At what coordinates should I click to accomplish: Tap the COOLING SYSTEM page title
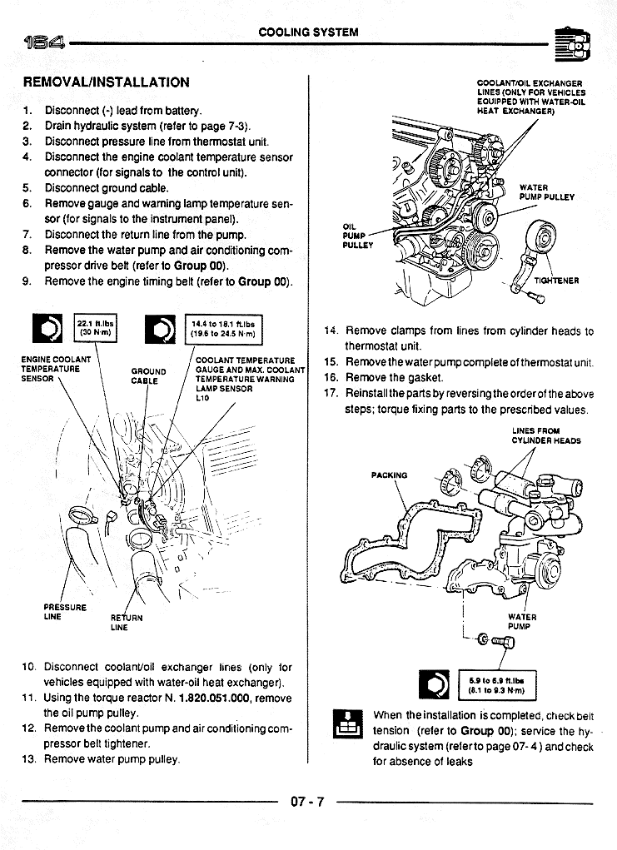tap(308, 32)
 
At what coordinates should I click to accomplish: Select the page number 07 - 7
tap(307, 802)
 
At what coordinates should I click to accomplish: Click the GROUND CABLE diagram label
tap(149, 377)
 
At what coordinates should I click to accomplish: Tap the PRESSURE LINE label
tap(65, 612)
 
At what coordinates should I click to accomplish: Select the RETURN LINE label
tap(127, 623)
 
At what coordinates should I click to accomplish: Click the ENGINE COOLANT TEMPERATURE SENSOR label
tap(56, 369)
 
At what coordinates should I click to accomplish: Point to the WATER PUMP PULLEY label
tap(546, 192)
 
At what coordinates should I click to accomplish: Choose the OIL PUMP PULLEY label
tap(357, 236)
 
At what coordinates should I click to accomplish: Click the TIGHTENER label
tap(556, 281)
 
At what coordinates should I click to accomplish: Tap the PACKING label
tap(389, 475)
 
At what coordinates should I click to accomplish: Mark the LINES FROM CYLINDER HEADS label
tap(546, 435)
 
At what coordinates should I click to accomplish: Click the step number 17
tap(330, 393)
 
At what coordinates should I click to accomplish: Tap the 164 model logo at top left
tap(39, 42)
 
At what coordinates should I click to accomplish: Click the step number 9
tap(27, 281)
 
